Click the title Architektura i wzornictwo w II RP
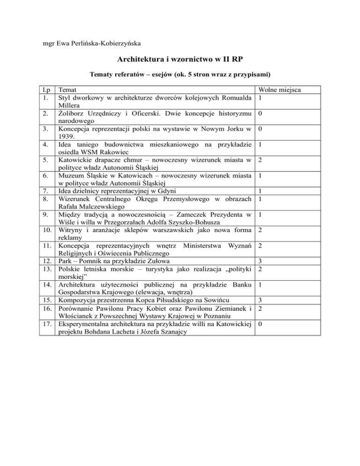(x=180, y=60)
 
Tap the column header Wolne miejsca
(x=280, y=89)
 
